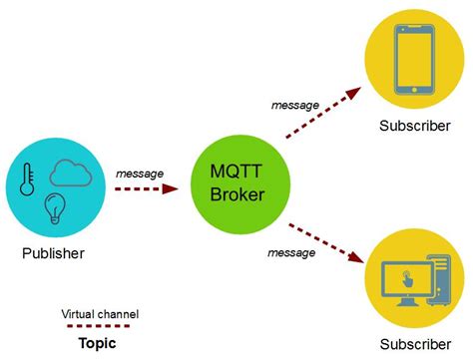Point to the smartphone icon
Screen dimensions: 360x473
[406, 59]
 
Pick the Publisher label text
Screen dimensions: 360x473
[53, 253]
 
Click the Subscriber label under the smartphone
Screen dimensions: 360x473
[406, 127]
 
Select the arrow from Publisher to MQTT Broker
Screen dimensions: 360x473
[152, 187]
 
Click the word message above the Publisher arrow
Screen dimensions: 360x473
[141, 174]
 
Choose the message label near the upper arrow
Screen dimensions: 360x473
[296, 105]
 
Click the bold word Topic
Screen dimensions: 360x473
[97, 343]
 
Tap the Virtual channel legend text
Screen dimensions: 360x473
[100, 313]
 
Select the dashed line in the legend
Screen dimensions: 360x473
[97, 327]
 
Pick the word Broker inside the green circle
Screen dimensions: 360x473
[237, 194]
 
